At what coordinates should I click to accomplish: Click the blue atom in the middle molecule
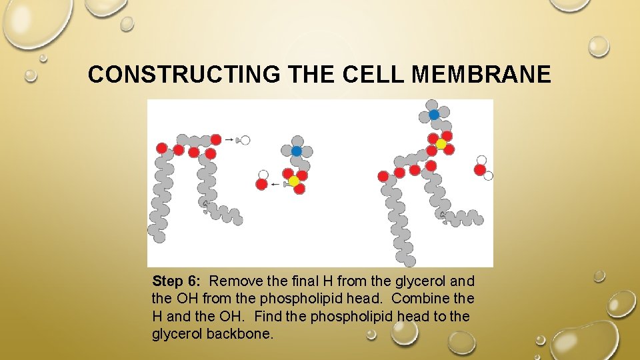[x=297, y=151]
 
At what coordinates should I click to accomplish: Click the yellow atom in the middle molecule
[x=294, y=181]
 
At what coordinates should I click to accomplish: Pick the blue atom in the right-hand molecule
[x=434, y=115]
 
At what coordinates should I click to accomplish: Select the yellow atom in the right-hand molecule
[x=441, y=144]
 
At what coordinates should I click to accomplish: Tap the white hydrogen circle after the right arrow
[x=245, y=140]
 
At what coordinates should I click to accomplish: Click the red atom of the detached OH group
[x=262, y=184]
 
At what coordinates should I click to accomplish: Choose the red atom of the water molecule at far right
[x=479, y=169]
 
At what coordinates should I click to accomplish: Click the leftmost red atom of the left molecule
[x=161, y=147]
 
